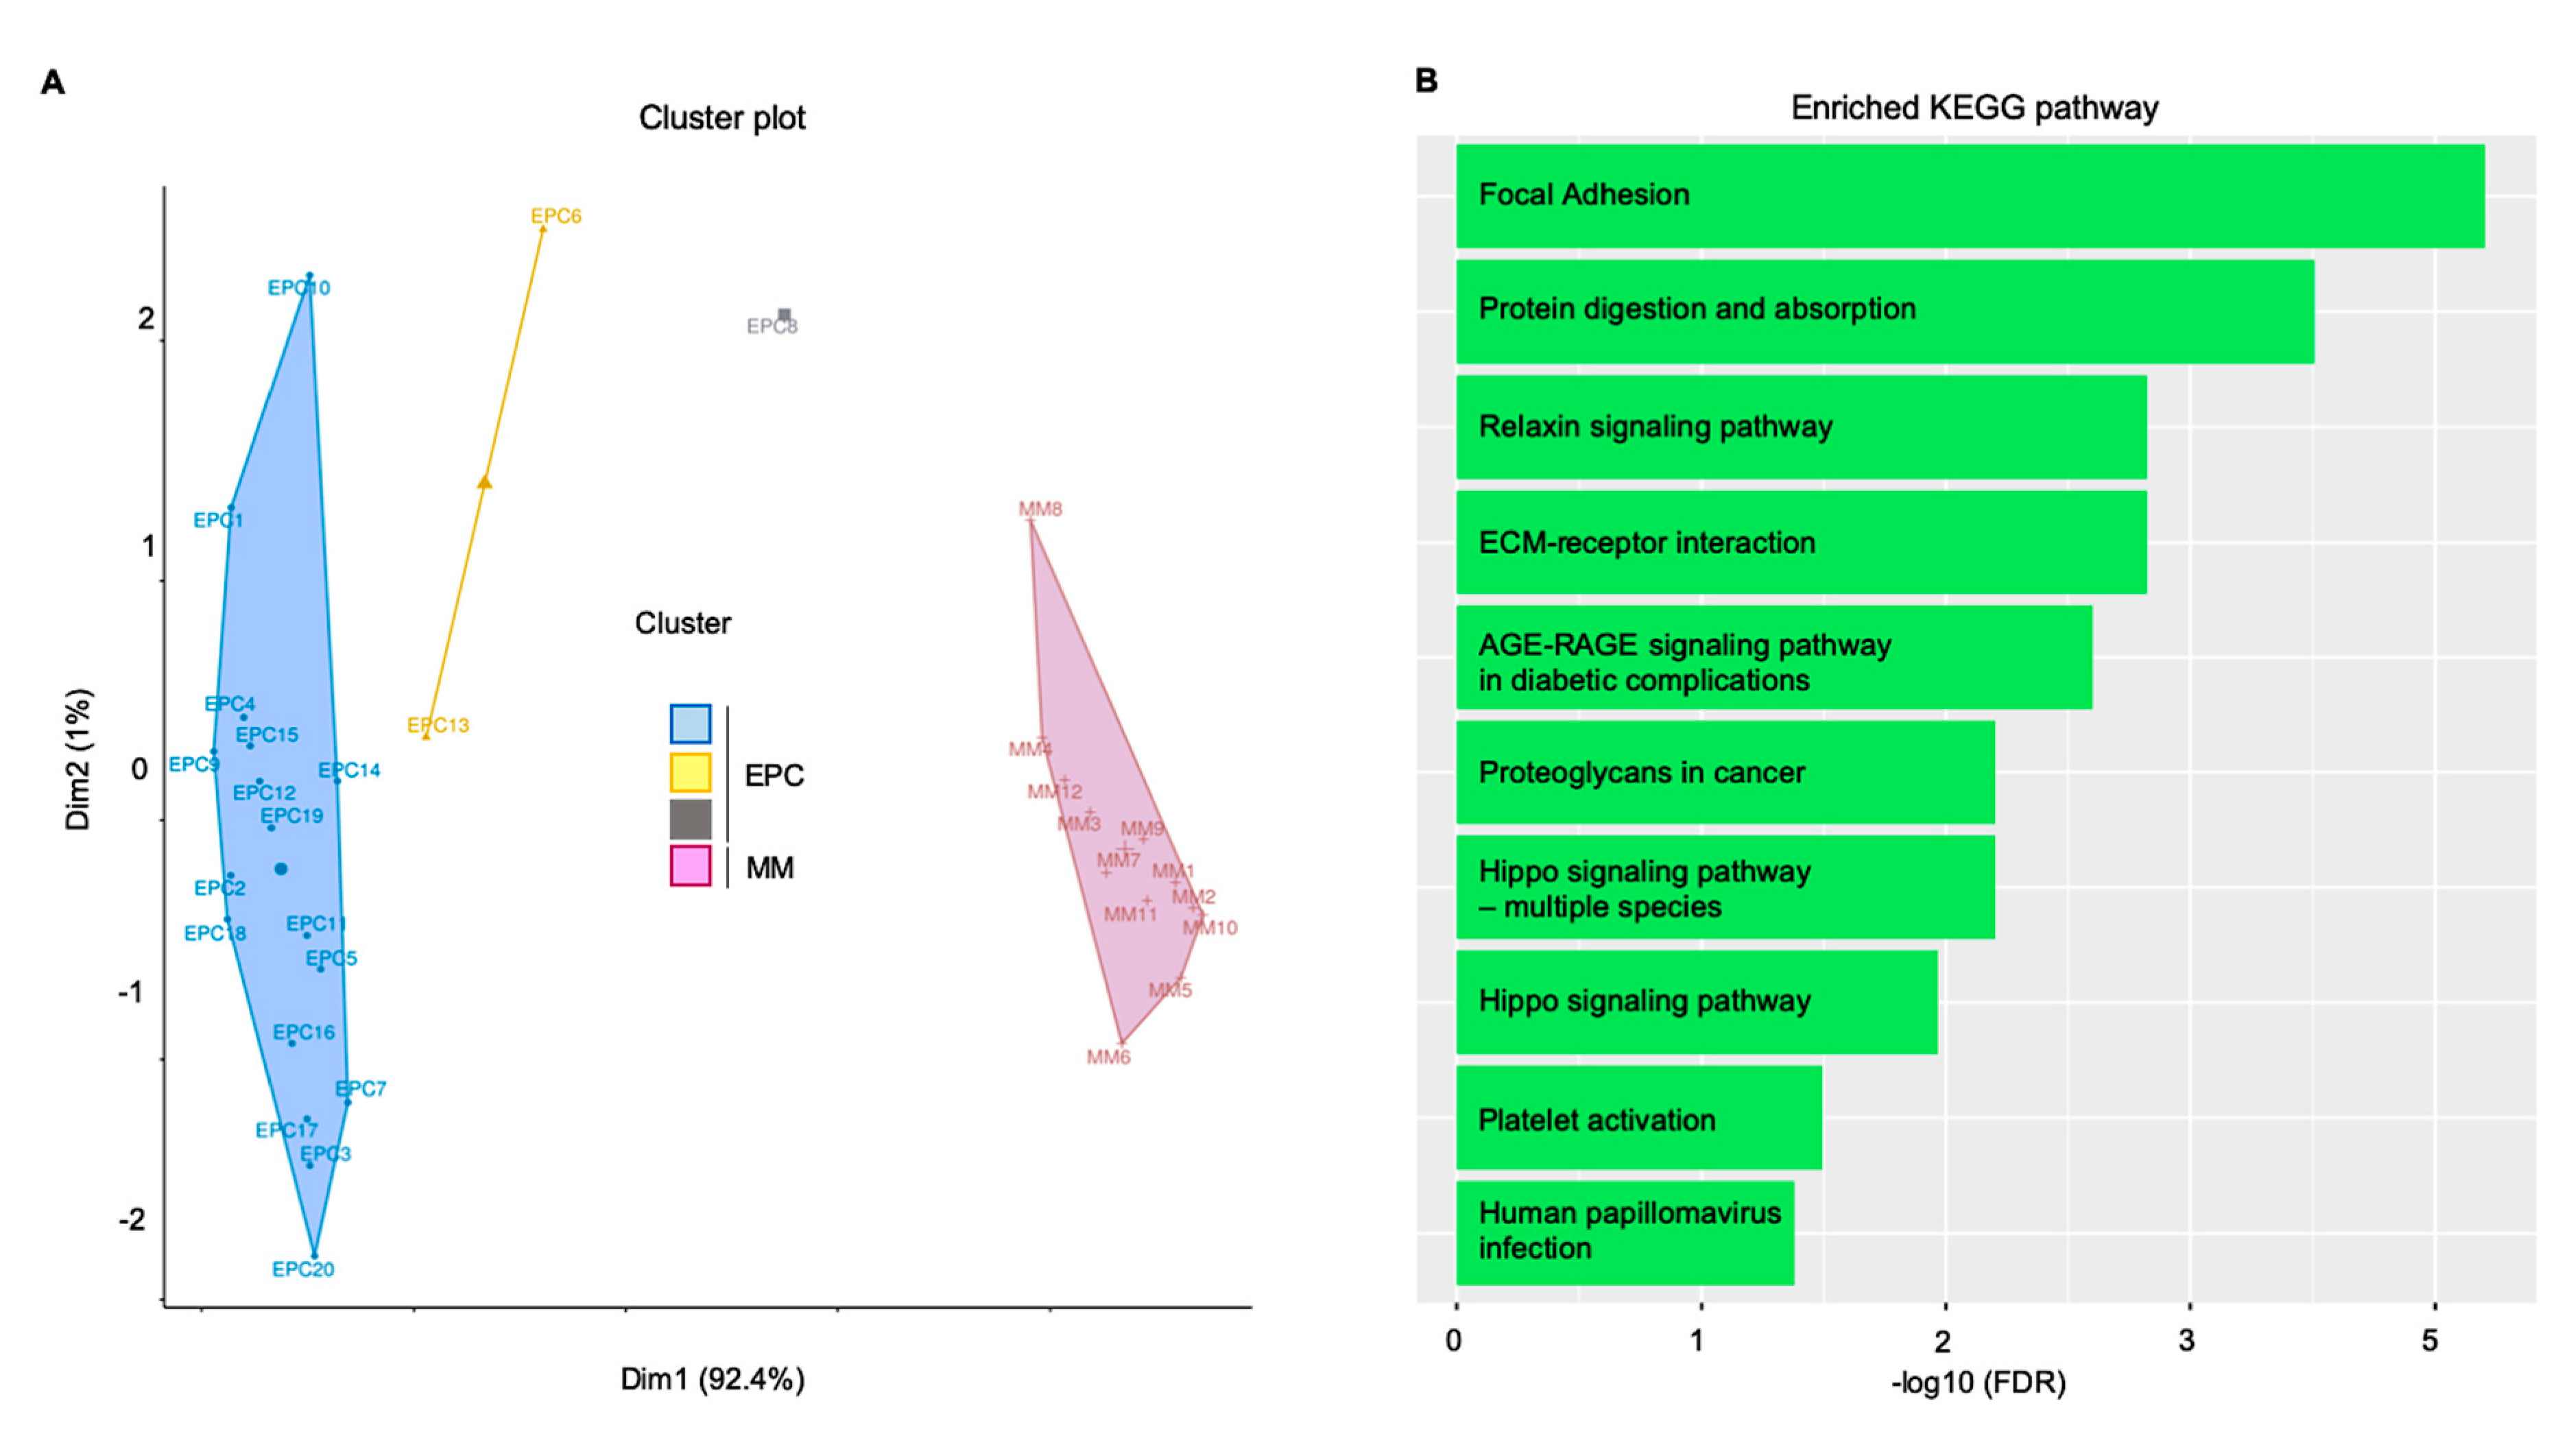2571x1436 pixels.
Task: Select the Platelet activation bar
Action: pos(1638,1118)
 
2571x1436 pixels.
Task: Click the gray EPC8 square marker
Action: pos(785,314)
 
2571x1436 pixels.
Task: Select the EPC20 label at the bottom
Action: pos(303,1269)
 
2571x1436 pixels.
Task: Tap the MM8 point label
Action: pos(1040,509)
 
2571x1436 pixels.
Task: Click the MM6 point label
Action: pos(1108,1057)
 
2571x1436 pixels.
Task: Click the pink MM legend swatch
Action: pos(691,865)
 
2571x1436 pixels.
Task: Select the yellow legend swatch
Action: pos(691,772)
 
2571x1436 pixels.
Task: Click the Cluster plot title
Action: pos(721,118)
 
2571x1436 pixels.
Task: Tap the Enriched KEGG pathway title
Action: pos(1974,108)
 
